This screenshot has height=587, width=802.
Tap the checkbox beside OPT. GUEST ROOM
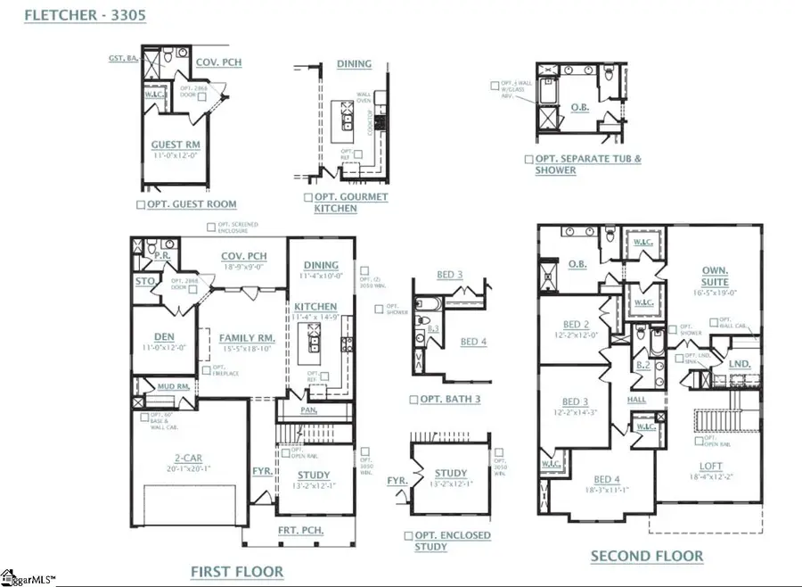click(x=140, y=204)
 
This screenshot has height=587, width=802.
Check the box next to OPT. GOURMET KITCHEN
click(x=307, y=197)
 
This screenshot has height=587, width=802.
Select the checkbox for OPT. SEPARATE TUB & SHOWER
click(x=529, y=160)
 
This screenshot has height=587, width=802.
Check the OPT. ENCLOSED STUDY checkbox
click(x=408, y=535)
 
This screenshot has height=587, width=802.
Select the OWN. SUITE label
click(x=715, y=276)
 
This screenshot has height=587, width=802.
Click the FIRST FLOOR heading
click(x=237, y=571)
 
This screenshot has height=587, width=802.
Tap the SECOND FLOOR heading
click(x=647, y=556)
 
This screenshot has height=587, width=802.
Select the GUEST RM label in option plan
click(x=175, y=145)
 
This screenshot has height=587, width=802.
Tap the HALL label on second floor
click(x=636, y=400)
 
